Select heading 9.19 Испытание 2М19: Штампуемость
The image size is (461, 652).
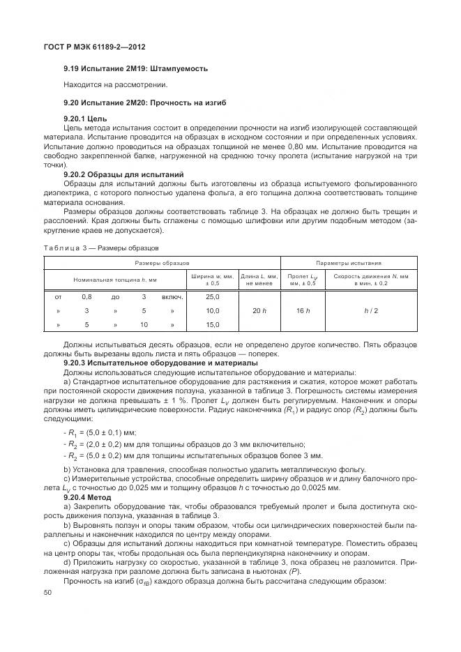pos(135,68)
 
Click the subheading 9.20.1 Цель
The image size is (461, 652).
pos(85,119)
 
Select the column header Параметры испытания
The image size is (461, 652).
pos(348,264)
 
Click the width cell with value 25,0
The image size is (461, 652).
pos(213,297)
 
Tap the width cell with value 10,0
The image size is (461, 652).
pos(213,310)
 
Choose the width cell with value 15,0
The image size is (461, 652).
pos(213,324)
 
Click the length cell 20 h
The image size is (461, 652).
pos(259,310)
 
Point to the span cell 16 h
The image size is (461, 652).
pos(303,310)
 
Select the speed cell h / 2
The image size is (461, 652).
pos(370,310)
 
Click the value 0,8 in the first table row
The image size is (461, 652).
pos(86,297)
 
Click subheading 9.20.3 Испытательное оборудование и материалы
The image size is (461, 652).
pos(160,363)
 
